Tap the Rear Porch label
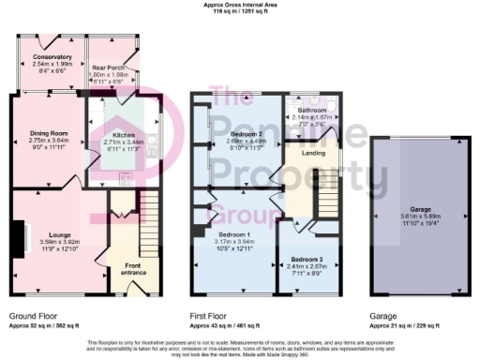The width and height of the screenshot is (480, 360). [x=110, y=67]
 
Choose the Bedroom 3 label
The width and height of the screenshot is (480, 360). [x=307, y=258]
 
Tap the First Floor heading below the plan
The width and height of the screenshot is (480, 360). [x=213, y=317]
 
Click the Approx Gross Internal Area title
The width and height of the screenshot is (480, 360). [x=240, y=5]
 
